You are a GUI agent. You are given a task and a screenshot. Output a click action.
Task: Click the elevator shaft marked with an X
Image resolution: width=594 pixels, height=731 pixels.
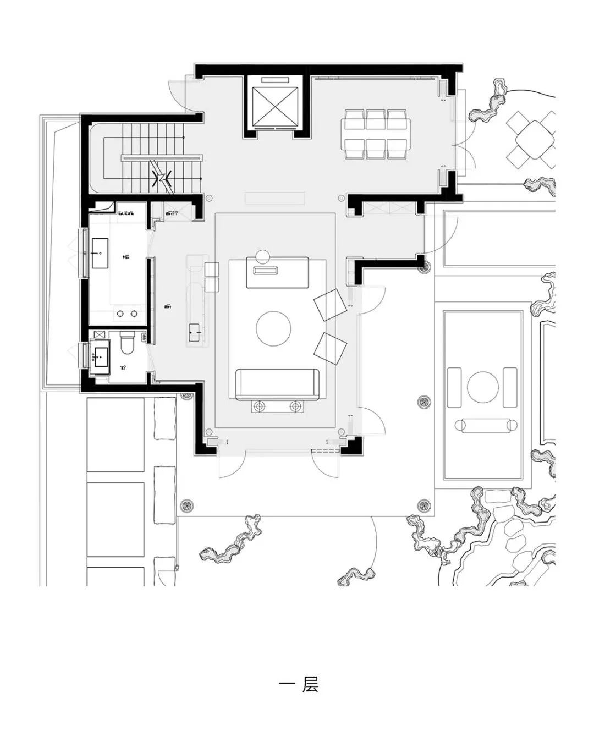tap(273, 105)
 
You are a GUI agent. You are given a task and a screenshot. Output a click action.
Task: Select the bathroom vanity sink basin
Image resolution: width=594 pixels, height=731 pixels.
tap(100, 357)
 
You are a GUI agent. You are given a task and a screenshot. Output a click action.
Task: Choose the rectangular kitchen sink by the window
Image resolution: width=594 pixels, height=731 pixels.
tap(100, 254)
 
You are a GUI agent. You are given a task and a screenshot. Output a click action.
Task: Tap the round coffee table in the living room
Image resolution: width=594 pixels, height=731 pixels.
tap(273, 329)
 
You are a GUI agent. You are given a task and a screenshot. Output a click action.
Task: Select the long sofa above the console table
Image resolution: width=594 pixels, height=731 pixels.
tap(277, 384)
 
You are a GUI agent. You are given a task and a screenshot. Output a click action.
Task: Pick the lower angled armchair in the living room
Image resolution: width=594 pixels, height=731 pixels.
tap(330, 348)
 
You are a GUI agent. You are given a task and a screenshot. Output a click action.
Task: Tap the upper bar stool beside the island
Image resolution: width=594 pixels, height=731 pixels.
tap(212, 270)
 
